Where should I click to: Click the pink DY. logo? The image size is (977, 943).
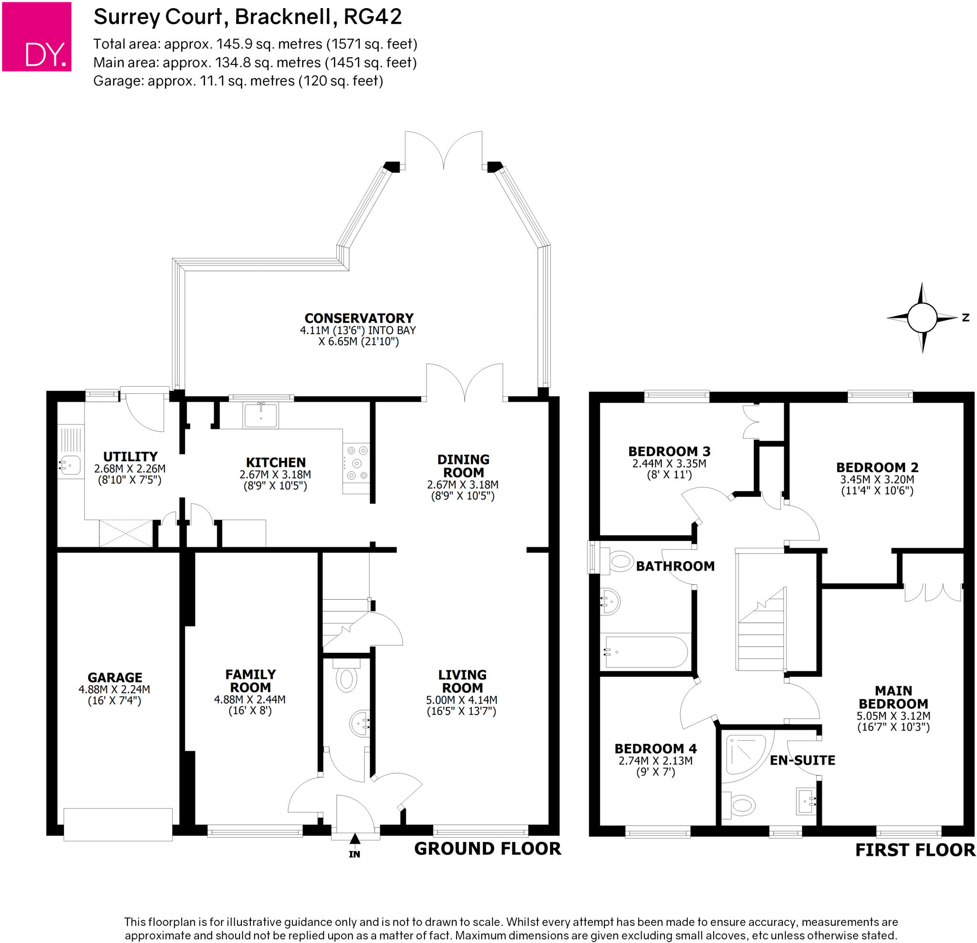point(37,37)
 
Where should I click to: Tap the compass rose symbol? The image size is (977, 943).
point(922,318)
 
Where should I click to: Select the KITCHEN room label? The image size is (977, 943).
point(276,462)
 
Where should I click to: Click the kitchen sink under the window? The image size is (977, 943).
point(260,415)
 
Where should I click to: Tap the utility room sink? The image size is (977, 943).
point(70,465)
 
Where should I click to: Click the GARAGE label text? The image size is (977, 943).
point(114,677)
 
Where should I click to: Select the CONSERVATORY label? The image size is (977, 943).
point(359,318)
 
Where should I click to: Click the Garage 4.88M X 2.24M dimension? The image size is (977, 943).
point(114,690)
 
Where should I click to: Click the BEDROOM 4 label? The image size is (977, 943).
point(655,748)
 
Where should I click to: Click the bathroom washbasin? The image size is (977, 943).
point(610,602)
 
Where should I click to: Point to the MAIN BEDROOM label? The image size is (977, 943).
point(893,697)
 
